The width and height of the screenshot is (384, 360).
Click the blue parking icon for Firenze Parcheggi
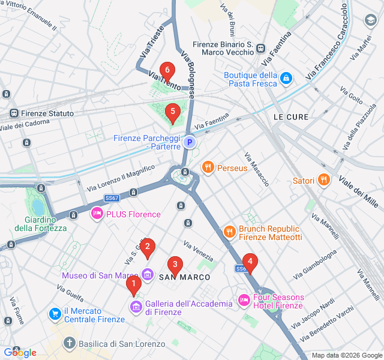(x=190, y=142)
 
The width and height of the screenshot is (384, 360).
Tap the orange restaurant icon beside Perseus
(x=208, y=167)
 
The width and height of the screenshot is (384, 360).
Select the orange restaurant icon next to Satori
(x=323, y=179)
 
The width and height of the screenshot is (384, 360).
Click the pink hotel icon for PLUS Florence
(x=97, y=214)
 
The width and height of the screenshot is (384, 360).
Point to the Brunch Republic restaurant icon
(x=229, y=231)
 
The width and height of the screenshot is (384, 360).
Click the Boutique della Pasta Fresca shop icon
(x=287, y=78)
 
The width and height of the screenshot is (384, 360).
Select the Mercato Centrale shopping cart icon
(x=55, y=313)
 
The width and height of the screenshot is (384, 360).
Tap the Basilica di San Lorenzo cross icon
(x=70, y=343)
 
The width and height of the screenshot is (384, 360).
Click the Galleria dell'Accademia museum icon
(x=136, y=308)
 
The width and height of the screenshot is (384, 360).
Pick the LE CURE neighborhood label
(x=290, y=116)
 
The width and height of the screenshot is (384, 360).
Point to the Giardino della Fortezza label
(x=41, y=223)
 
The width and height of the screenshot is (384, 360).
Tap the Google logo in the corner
(x=20, y=352)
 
